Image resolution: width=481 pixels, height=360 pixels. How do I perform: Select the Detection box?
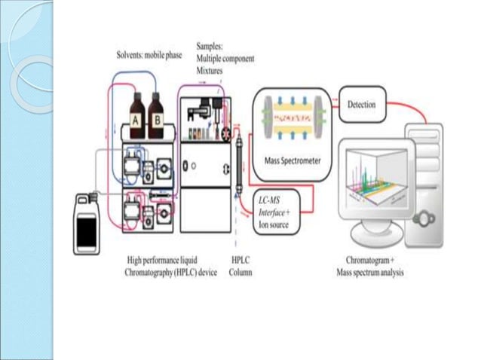(361, 105)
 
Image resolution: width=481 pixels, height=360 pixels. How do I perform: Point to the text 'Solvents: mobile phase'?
(154, 55)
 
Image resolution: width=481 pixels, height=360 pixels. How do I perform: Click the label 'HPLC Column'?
(240, 266)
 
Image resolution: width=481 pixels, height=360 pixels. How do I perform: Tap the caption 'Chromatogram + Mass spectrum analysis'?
(369, 266)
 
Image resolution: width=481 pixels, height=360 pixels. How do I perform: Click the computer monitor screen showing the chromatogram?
(370, 180)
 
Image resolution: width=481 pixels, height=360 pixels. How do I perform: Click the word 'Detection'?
(361, 105)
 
